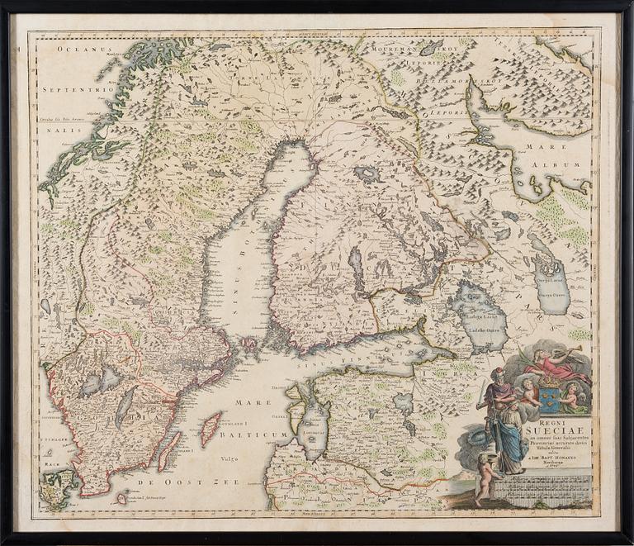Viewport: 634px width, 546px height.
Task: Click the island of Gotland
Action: [211, 428]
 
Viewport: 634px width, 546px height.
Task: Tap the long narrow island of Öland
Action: [169, 450]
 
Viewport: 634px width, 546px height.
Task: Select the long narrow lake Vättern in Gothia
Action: [123, 409]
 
